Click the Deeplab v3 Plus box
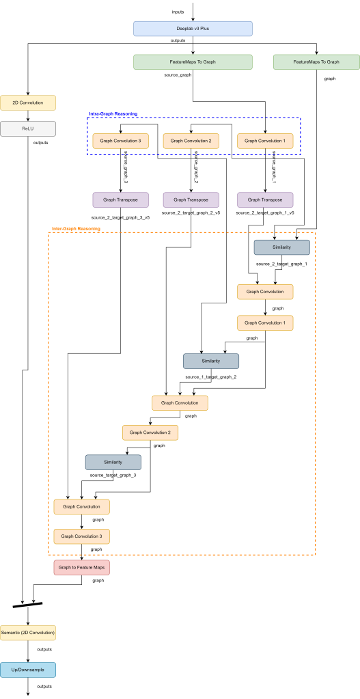click(x=193, y=29)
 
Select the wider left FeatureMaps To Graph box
click(x=193, y=62)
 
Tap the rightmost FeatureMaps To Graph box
click(x=316, y=62)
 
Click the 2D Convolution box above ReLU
click(x=28, y=102)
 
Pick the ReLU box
click(x=28, y=128)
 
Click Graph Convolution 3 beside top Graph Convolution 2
click(x=120, y=141)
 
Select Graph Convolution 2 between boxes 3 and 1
click(x=191, y=141)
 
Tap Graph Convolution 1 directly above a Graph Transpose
click(x=265, y=141)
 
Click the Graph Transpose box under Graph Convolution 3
click(x=120, y=200)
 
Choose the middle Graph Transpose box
click(x=191, y=200)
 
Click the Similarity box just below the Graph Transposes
click(x=282, y=247)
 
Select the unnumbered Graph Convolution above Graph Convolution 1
click(x=265, y=292)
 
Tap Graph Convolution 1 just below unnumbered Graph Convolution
click(x=265, y=323)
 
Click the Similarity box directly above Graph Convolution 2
click(x=211, y=361)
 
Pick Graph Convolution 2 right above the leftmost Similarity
click(x=150, y=433)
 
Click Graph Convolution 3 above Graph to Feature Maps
click(x=82, y=536)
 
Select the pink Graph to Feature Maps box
click(x=82, y=567)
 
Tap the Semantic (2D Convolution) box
click(x=28, y=633)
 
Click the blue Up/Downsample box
click(x=28, y=670)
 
